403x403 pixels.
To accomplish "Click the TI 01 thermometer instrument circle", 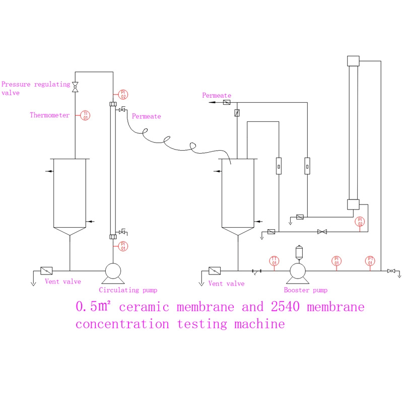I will coord(86,115).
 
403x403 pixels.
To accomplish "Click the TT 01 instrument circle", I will coord(275,260).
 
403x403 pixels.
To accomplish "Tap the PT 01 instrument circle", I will coord(370,260).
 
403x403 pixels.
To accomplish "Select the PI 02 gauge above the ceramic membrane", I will coord(123,94).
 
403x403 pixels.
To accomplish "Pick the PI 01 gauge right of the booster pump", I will coord(337,260).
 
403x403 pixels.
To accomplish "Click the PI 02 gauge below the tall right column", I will coord(360,222).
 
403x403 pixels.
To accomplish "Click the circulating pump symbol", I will coord(112,272).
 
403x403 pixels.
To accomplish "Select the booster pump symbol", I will coord(299,272).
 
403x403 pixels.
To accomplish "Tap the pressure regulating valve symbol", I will coord(75,87).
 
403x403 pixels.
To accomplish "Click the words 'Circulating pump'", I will coord(128,290).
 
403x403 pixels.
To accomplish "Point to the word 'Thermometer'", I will coord(49,115).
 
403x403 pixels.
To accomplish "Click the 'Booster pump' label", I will coord(305,290).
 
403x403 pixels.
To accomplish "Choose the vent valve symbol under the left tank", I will coord(47,271).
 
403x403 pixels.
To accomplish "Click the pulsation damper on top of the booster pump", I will coord(299,251).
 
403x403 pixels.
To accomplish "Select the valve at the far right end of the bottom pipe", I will coord(391,271).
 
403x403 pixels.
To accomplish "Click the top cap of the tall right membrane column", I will coord(353,60).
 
